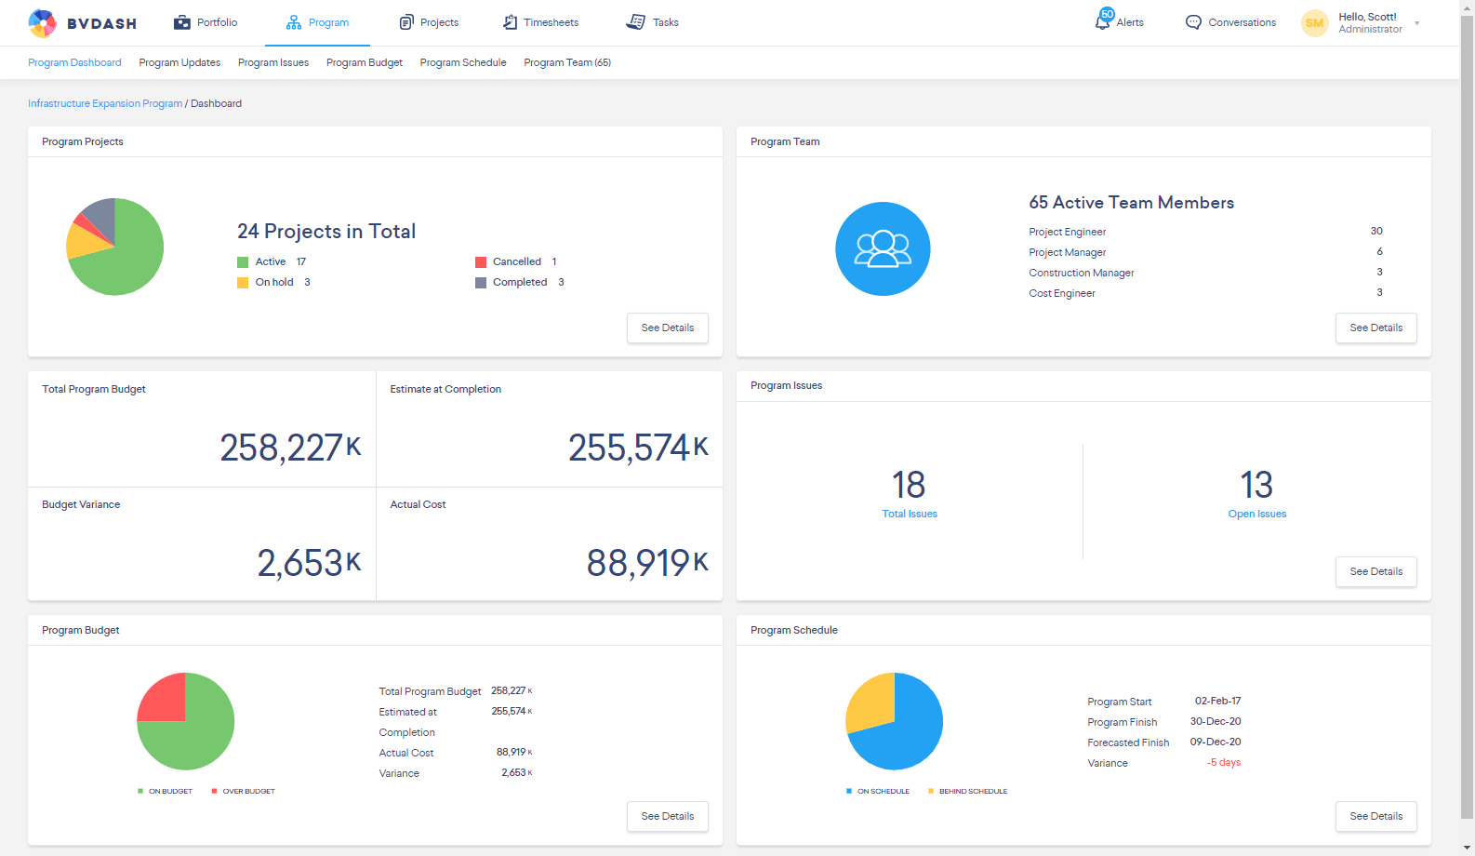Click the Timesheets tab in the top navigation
click(x=540, y=22)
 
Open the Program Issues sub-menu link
click(x=273, y=62)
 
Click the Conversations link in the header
click(x=1230, y=22)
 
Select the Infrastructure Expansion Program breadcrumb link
click(x=105, y=103)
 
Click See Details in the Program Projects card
click(x=667, y=328)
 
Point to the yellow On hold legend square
click(x=243, y=283)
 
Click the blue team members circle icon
click(x=883, y=248)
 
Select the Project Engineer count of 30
click(x=1376, y=231)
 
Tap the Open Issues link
click(x=1256, y=514)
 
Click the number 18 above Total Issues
click(x=909, y=485)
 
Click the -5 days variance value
click(x=1224, y=762)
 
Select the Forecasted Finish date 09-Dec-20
click(x=1215, y=742)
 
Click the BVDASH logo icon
click(x=42, y=23)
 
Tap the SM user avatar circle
click(x=1314, y=23)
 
